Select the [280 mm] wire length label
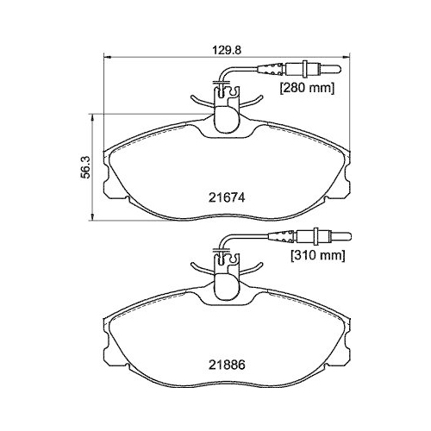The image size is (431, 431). point(304,88)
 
